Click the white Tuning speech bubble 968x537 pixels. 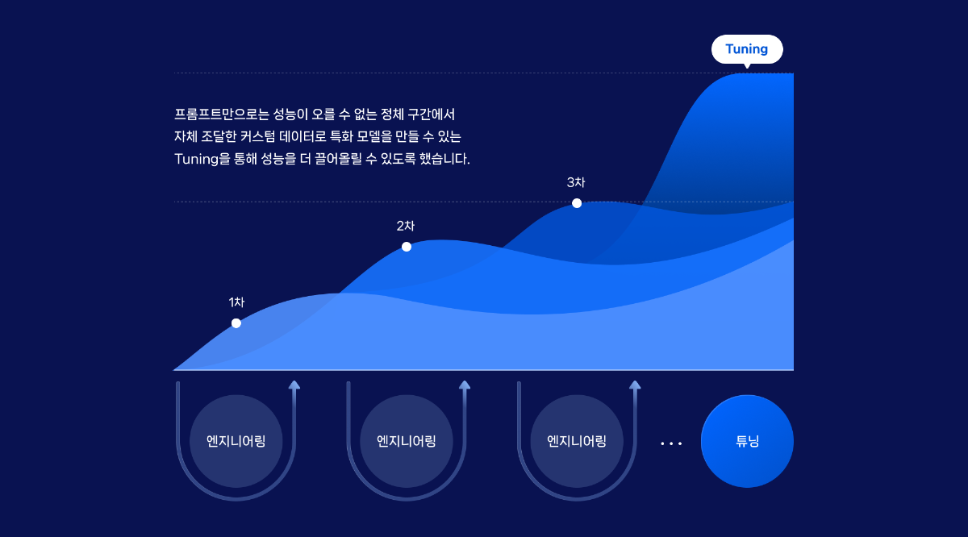pos(747,50)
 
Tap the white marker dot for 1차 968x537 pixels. pos(236,323)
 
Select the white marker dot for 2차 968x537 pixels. pos(407,247)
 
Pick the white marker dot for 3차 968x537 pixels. pos(577,203)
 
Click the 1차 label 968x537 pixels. pos(236,302)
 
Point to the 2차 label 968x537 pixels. pos(405,226)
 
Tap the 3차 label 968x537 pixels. pos(576,182)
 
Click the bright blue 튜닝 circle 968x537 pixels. pos(747,441)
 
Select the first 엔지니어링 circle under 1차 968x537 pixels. pos(236,441)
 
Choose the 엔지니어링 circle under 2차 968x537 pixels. pos(407,441)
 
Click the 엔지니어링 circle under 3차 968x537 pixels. pos(577,441)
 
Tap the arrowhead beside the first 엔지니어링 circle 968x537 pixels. pos(294,385)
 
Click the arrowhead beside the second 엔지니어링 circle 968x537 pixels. pos(465,385)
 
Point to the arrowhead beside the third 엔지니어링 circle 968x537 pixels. pos(635,385)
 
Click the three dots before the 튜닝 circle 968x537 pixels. pos(671,443)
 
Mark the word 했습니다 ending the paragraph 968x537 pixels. pos(444,159)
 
